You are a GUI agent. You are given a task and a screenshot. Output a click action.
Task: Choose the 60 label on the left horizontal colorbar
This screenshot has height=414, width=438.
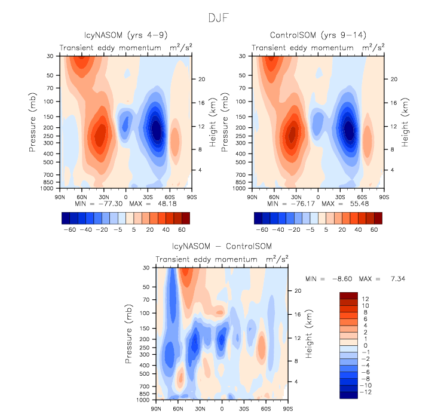(182, 229)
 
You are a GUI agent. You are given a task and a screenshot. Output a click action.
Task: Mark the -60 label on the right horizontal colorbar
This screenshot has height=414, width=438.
(261, 229)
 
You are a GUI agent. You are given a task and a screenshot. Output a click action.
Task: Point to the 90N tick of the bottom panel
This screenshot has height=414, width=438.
(157, 408)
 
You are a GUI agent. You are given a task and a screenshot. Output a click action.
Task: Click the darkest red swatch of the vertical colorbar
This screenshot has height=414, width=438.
(348, 295)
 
